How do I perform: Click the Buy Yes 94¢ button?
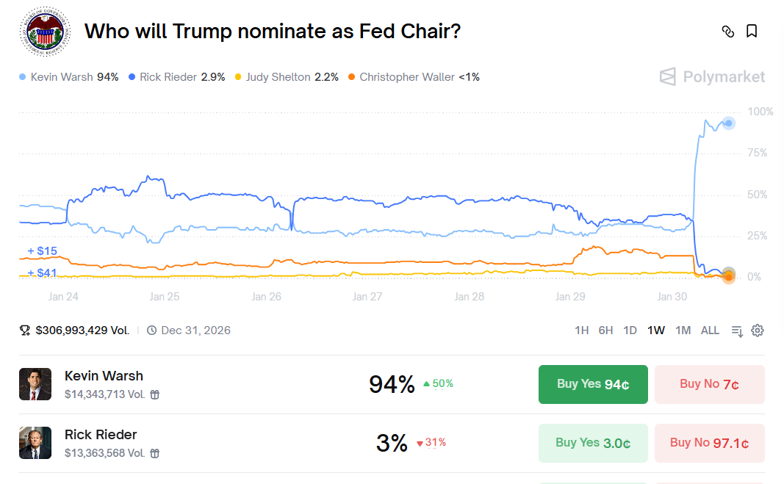(593, 384)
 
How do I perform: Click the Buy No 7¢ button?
(709, 384)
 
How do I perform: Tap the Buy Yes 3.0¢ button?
(593, 443)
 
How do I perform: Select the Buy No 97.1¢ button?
(709, 443)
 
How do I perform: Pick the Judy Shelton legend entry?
(286, 77)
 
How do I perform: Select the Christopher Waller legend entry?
(413, 77)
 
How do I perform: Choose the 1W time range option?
(656, 331)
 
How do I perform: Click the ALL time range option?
(710, 331)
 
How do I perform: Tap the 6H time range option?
(605, 331)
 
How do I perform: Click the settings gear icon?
(758, 331)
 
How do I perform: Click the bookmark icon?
(752, 31)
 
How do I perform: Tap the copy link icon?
(727, 31)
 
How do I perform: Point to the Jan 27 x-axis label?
(367, 297)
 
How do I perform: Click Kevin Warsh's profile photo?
(35, 384)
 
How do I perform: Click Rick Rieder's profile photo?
(35, 443)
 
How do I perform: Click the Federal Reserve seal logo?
(44, 32)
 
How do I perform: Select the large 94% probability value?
(392, 384)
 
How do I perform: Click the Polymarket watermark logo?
(712, 77)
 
